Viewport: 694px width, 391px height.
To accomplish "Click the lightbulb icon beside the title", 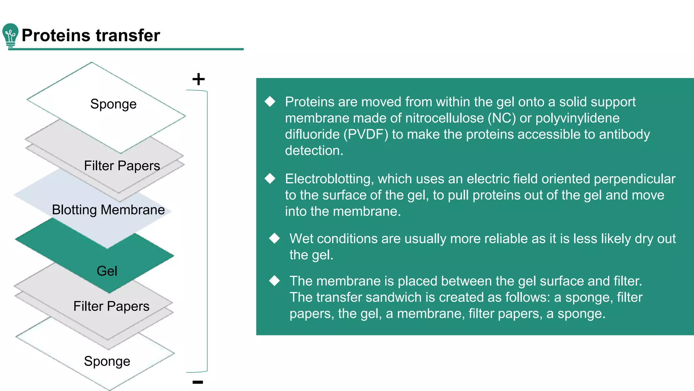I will pyautogui.click(x=10, y=35).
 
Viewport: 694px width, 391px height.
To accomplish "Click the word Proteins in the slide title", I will pyautogui.click(x=56, y=35).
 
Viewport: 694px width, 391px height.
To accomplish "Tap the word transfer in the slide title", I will pyautogui.click(x=128, y=35).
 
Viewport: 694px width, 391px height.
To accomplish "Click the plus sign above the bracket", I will pyautogui.click(x=199, y=79).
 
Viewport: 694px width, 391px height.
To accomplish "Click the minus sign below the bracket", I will pyautogui.click(x=198, y=382).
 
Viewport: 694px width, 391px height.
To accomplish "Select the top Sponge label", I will pyautogui.click(x=113, y=104).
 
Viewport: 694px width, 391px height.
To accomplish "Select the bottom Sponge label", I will pyautogui.click(x=107, y=361).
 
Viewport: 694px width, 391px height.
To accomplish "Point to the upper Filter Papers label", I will pyautogui.click(x=122, y=166).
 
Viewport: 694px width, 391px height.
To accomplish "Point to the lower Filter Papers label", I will pyautogui.click(x=111, y=306).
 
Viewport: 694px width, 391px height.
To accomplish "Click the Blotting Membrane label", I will pyautogui.click(x=108, y=210).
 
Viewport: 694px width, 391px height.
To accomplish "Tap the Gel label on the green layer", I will pyautogui.click(x=107, y=271).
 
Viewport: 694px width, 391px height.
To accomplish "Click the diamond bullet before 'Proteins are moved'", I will pyautogui.click(x=270, y=101).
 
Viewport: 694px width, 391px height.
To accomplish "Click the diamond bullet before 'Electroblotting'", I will pyautogui.click(x=270, y=179).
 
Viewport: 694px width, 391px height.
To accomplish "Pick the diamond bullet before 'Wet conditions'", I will pyautogui.click(x=274, y=238).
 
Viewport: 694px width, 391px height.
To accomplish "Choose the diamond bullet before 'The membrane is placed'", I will pyautogui.click(x=274, y=281).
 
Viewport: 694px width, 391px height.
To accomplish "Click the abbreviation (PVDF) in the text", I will pyautogui.click(x=366, y=134).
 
